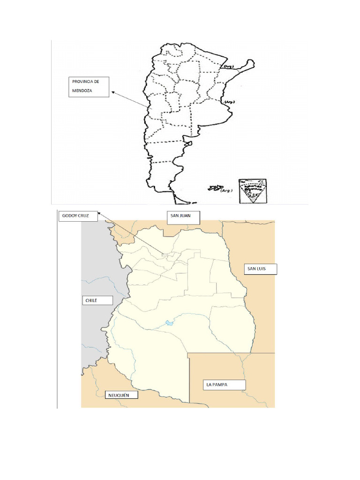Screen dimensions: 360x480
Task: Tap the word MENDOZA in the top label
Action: click(82, 90)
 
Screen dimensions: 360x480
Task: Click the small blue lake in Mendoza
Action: click(168, 322)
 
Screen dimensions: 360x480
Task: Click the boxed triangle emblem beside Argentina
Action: click(252, 191)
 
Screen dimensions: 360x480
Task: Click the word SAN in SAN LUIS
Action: click(253, 269)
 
